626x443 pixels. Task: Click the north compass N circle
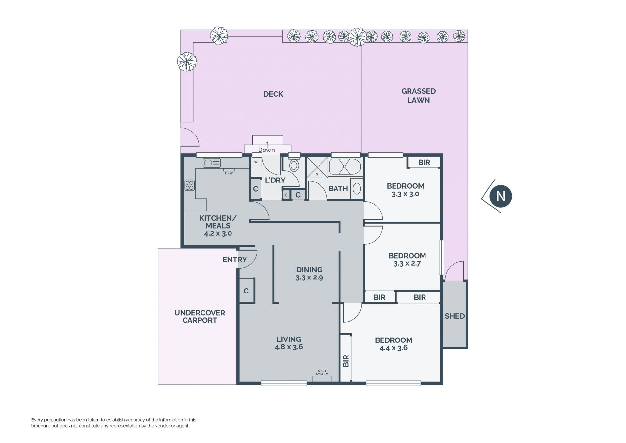click(x=501, y=196)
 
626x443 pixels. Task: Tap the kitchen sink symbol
click(x=212, y=163)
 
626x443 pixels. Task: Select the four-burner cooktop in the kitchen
click(x=189, y=185)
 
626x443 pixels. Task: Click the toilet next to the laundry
click(x=294, y=165)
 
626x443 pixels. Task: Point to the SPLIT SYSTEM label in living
click(x=322, y=372)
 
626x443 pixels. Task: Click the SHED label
click(x=455, y=316)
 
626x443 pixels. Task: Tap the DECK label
click(x=273, y=94)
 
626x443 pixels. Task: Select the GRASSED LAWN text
click(x=419, y=96)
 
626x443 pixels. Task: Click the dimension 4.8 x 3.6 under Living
click(x=289, y=347)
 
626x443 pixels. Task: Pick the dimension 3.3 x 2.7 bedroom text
click(x=407, y=264)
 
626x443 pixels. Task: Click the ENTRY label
click(x=234, y=260)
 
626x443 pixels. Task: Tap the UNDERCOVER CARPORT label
click(x=200, y=316)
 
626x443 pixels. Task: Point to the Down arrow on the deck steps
click(x=267, y=144)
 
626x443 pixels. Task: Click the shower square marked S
click(x=317, y=167)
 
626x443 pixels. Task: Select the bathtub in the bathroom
click(x=345, y=167)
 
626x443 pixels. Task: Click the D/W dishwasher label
click(x=229, y=173)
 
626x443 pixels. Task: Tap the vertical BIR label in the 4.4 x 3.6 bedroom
click(x=346, y=361)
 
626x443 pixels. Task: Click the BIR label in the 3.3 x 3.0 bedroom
click(x=424, y=162)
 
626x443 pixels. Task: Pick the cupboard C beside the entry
click(x=246, y=291)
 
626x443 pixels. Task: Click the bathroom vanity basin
click(x=357, y=188)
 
